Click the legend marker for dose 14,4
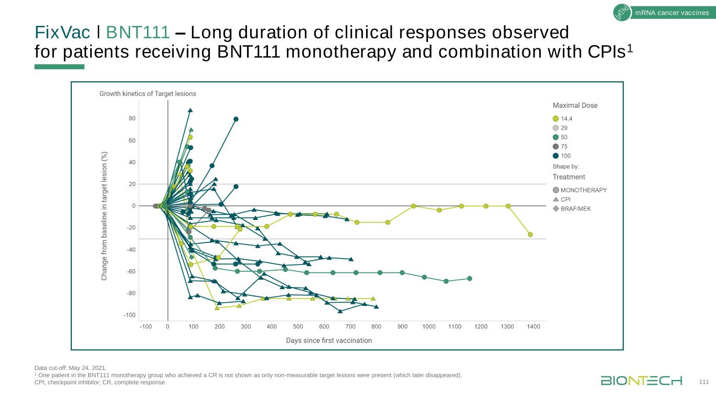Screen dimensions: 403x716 click(556, 119)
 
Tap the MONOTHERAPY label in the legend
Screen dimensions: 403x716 click(584, 190)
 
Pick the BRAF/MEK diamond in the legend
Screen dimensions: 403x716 click(556, 209)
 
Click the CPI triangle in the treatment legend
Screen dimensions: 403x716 click(556, 199)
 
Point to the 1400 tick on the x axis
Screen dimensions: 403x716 click(533, 327)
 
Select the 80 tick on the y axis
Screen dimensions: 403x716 click(132, 119)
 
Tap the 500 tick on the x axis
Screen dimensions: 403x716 click(298, 327)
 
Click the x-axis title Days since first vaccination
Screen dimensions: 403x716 click(329, 341)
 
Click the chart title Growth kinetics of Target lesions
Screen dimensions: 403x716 click(148, 94)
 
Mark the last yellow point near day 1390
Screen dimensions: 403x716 click(530, 235)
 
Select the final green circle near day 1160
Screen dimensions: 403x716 click(469, 279)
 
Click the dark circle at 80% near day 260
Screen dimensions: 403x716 click(236, 119)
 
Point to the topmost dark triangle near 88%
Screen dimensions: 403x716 click(190, 110)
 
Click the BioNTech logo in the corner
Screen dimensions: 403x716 click(641, 380)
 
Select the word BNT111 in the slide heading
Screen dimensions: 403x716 click(138, 33)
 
